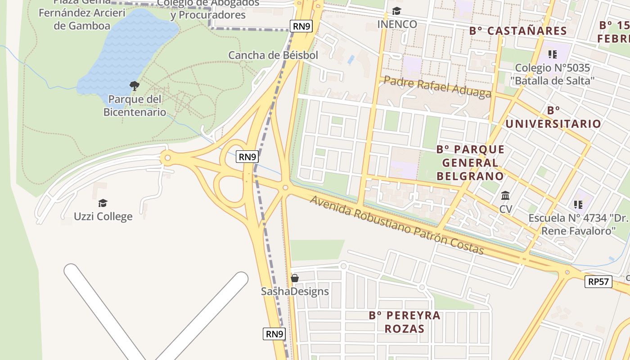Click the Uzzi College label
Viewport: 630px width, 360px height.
[x=103, y=216]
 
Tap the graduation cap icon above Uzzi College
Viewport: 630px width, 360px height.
[x=103, y=203]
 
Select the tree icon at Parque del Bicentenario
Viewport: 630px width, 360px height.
[x=134, y=85]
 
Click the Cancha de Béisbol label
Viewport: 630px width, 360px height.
[x=273, y=55]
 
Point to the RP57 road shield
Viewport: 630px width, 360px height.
[x=599, y=282]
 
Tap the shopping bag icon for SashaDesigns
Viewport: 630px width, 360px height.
[x=295, y=278]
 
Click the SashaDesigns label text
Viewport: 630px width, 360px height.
[x=295, y=292]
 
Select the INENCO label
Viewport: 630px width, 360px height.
[x=397, y=24]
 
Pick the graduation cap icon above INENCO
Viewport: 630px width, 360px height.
[x=396, y=11]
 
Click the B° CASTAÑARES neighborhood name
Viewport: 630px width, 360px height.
[x=518, y=31]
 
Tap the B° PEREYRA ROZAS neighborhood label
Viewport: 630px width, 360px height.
[x=398, y=322]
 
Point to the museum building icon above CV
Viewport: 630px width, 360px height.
[x=505, y=196]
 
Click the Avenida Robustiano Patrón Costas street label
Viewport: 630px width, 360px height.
[x=396, y=225]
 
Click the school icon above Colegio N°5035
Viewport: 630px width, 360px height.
[x=553, y=55]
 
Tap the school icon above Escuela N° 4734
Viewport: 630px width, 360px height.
[x=578, y=205]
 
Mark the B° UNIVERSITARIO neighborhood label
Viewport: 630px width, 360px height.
[x=553, y=117]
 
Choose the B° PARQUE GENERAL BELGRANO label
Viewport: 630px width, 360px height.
[x=470, y=162]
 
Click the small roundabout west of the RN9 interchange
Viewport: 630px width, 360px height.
[x=167, y=158]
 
